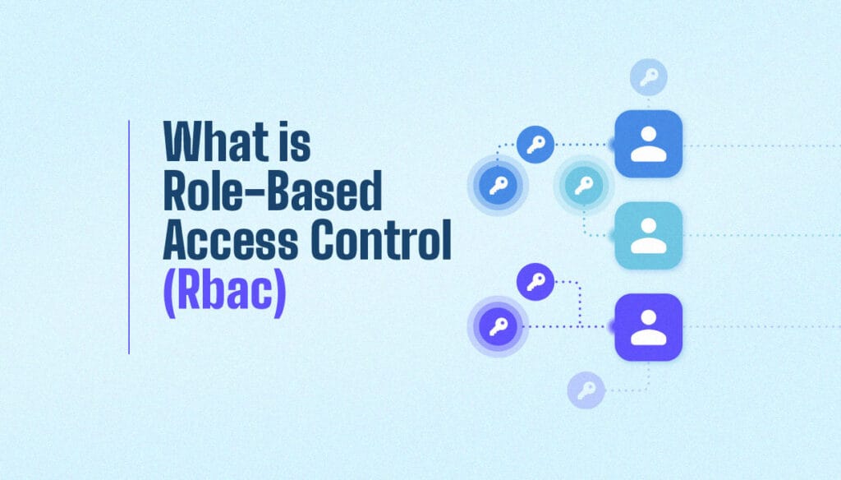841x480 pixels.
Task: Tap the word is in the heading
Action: [291, 143]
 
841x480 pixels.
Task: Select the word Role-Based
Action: [273, 193]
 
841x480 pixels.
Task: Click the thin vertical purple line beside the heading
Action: [129, 237]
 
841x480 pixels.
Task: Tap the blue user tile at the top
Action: [648, 144]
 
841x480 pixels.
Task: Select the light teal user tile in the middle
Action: [648, 235]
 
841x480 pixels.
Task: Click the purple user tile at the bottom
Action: [648, 327]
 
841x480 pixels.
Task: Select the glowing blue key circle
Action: [497, 186]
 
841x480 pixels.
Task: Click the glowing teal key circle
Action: [583, 186]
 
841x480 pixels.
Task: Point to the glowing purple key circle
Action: [497, 327]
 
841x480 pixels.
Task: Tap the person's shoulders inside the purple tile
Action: [648, 337]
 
